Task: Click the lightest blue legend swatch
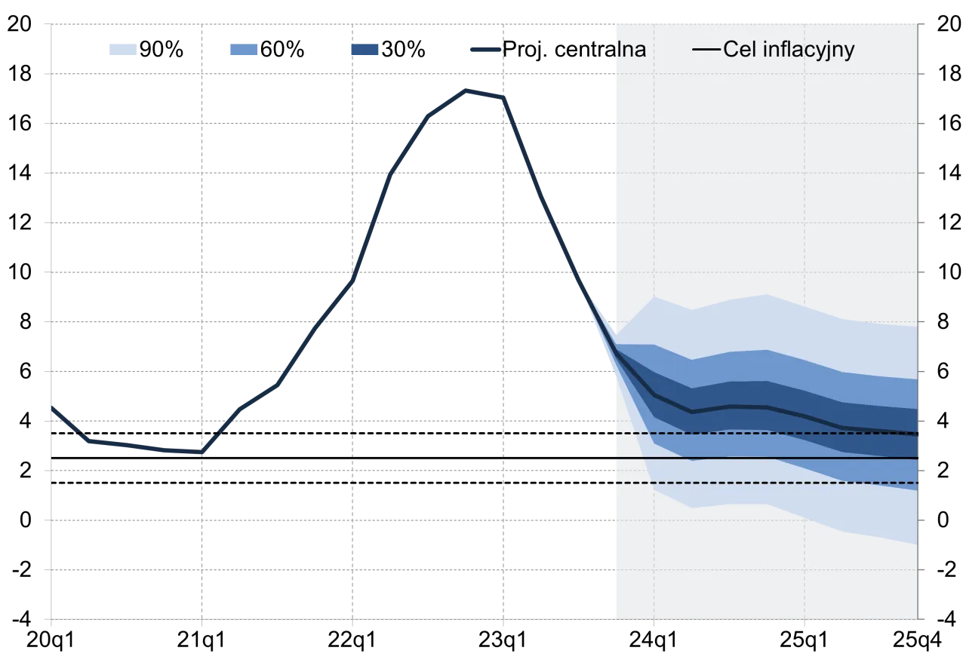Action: tap(124, 51)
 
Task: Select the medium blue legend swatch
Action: tap(244, 51)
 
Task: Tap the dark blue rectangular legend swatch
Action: tap(365, 51)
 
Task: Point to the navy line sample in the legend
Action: tap(485, 50)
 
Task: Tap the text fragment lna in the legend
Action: tap(631, 50)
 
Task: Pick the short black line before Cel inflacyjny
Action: tap(706, 51)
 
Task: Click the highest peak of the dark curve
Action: tap(467, 89)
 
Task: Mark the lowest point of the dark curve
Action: tap(202, 453)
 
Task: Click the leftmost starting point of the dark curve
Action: tap(51, 407)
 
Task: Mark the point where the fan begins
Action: tap(616, 352)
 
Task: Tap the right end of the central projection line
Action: tap(917, 434)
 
